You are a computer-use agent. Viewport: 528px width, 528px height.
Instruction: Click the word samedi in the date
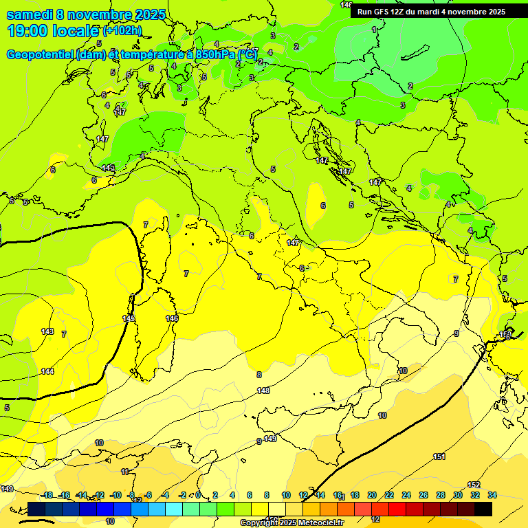point(29,14)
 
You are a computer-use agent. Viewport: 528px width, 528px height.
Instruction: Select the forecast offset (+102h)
point(122,31)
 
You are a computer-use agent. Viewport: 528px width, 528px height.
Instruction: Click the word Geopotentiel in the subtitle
point(39,54)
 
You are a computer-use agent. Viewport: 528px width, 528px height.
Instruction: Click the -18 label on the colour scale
point(47,495)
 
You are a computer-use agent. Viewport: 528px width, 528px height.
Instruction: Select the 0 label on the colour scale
point(198,495)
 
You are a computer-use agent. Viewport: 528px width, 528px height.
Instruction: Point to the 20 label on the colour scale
point(372,495)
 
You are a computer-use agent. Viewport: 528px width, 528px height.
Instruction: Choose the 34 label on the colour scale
point(492,495)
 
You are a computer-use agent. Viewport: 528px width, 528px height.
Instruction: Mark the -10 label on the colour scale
point(115,495)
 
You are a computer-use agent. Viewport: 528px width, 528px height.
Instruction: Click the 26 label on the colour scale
point(423,495)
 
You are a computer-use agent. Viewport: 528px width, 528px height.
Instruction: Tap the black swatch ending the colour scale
point(483,509)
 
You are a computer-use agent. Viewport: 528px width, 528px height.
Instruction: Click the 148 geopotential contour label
point(263,390)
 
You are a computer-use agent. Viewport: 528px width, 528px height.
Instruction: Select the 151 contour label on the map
point(439,456)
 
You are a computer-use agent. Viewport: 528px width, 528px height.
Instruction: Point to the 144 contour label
point(47,371)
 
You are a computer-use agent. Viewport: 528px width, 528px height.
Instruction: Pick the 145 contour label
point(129,318)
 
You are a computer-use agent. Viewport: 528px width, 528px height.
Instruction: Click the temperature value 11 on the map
point(124,472)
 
